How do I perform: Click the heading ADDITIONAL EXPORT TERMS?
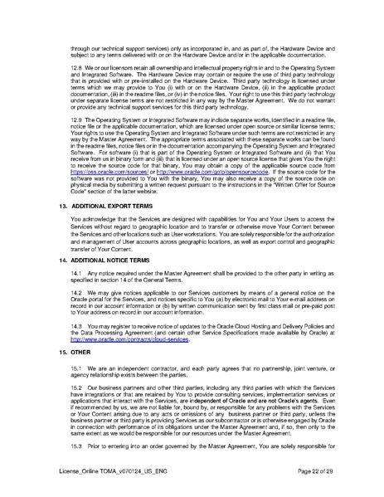(x=87, y=202)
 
